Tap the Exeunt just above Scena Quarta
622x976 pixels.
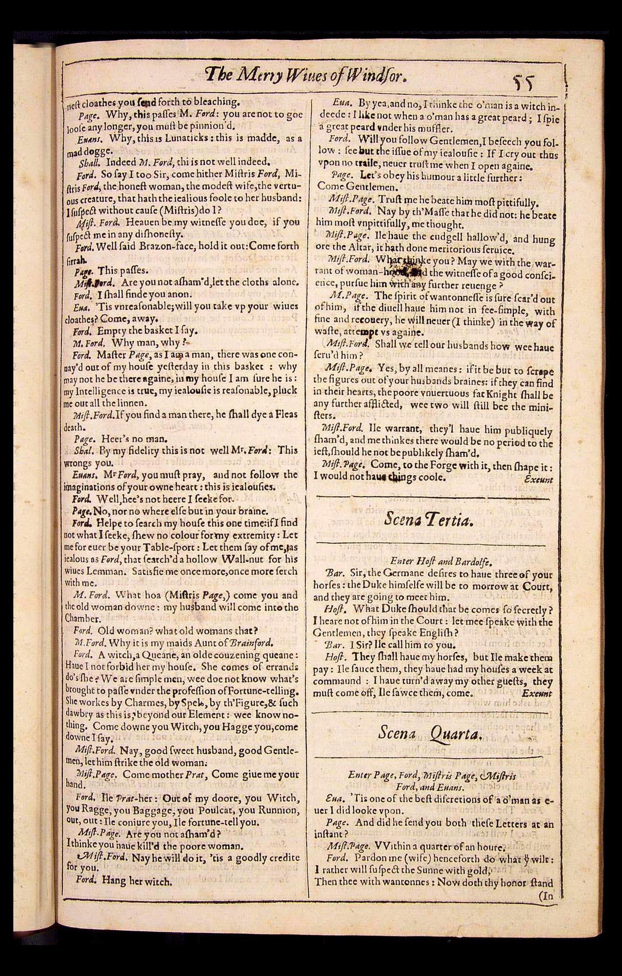537,693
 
